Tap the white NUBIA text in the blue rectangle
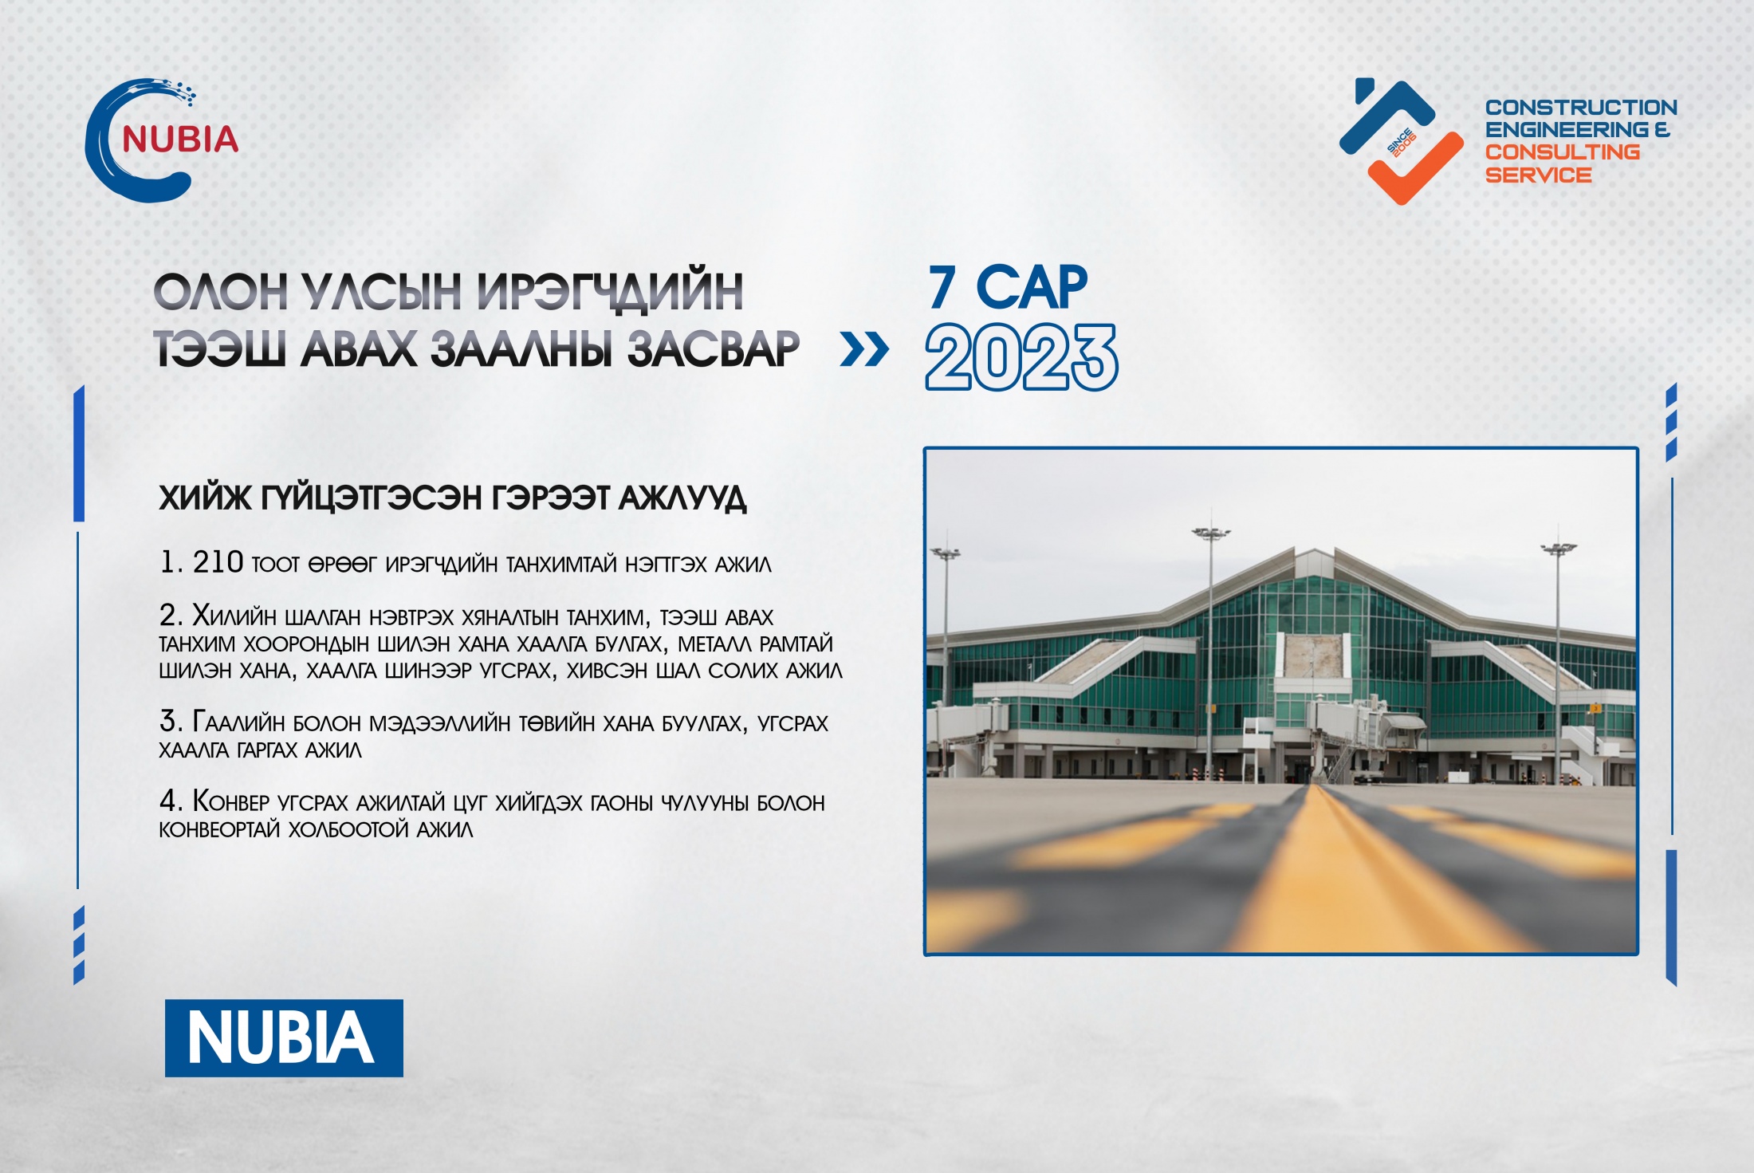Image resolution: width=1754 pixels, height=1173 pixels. pos(281,1037)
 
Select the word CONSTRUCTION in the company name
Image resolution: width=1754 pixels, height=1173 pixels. pos(1581,107)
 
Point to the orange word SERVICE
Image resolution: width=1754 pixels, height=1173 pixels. pos(1538,175)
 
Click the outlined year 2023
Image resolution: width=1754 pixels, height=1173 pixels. pos(1021,357)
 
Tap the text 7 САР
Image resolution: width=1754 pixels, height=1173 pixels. pos(1008,287)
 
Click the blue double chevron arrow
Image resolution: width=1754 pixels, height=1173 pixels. pos(864,349)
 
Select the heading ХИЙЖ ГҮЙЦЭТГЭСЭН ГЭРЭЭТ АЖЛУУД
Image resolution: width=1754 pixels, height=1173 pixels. pos(452,498)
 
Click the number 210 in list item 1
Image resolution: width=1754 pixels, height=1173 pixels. pos(218,562)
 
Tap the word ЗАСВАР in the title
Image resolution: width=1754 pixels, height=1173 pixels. pos(713,349)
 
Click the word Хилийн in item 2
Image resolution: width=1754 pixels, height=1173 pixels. pos(234,616)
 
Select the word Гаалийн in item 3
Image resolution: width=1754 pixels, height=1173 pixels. pos(238,722)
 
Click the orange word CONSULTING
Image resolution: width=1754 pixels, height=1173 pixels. pos(1562,152)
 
